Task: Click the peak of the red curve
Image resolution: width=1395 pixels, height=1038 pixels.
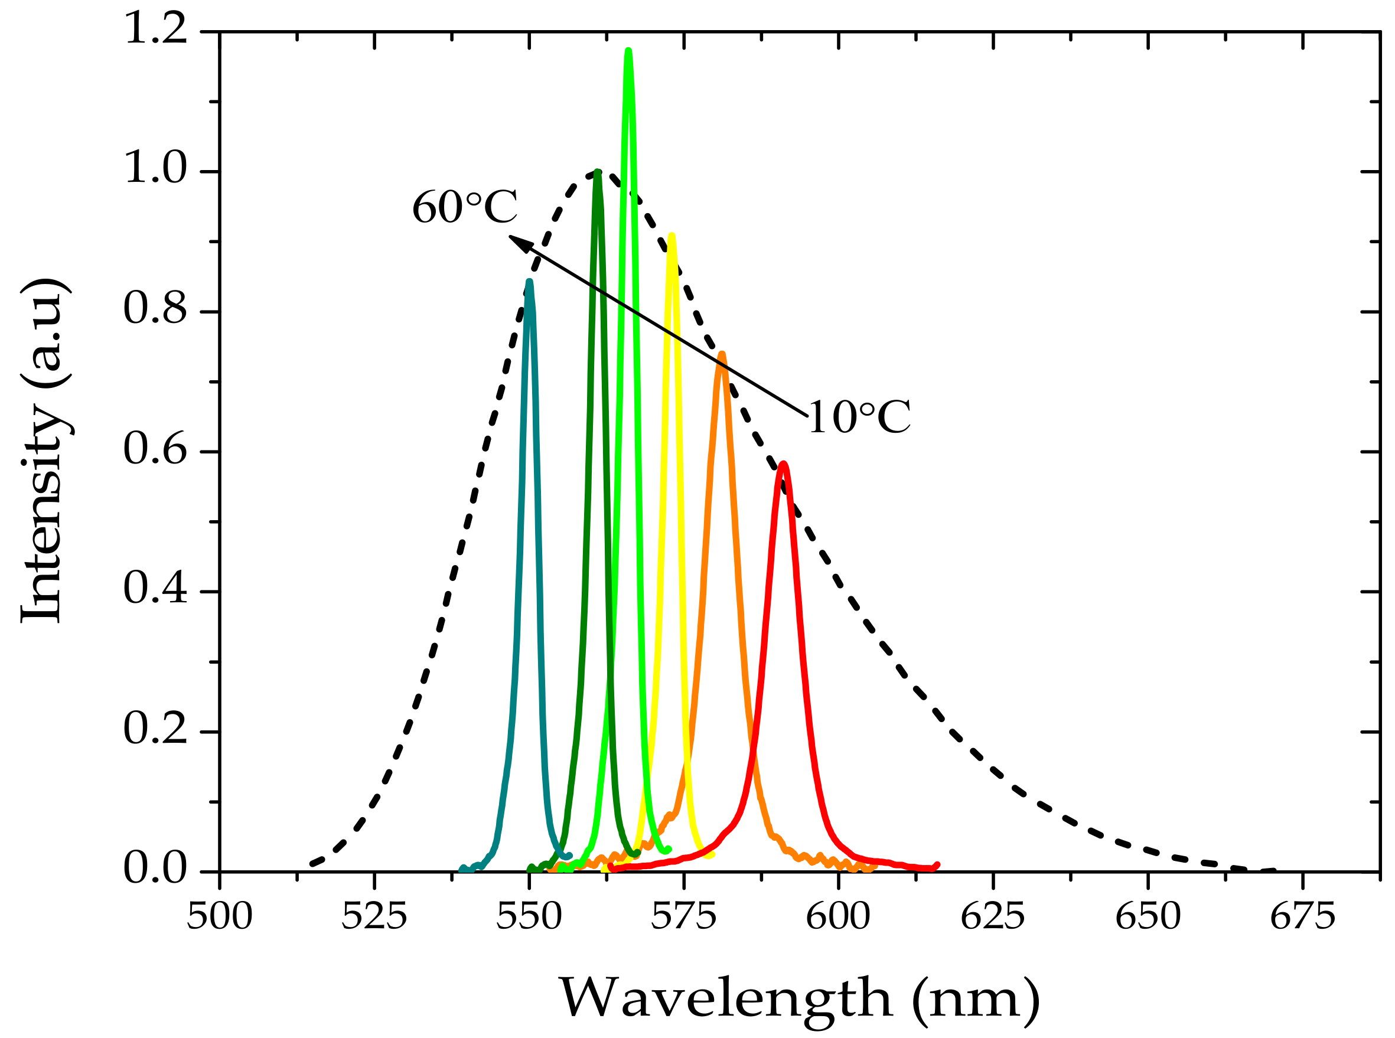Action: click(x=783, y=464)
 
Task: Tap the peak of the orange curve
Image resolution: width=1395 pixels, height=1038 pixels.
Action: click(x=721, y=355)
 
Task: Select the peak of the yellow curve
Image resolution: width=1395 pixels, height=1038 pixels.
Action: click(x=672, y=237)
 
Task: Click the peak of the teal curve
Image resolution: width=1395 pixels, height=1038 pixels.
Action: click(x=530, y=282)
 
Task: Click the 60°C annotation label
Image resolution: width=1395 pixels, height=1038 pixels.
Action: click(x=464, y=207)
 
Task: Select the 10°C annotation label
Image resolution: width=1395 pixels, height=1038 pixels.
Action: click(x=859, y=418)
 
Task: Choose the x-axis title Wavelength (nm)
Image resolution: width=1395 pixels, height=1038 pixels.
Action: click(x=798, y=997)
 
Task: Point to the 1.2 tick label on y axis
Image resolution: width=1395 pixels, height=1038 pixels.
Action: click(x=156, y=30)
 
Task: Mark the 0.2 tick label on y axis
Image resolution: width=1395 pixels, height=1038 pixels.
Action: click(x=156, y=730)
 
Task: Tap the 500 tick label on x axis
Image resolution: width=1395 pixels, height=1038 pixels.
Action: click(x=220, y=916)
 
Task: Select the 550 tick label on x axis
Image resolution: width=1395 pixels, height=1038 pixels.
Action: click(x=529, y=916)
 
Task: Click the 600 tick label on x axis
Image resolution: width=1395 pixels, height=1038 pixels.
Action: click(x=838, y=916)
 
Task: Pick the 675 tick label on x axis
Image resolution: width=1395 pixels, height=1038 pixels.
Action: click(x=1302, y=916)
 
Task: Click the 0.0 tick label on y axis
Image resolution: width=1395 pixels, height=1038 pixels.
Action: click(x=156, y=870)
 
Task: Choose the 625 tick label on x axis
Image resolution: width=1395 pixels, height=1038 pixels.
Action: click(x=993, y=916)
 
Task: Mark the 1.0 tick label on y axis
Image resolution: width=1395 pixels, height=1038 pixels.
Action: click(x=156, y=169)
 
